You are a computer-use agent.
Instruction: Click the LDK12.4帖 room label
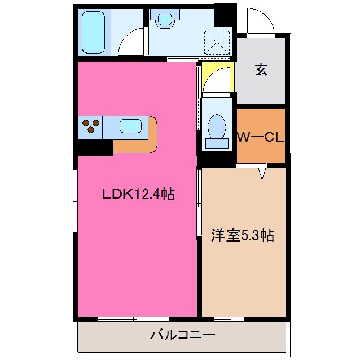[x=138, y=195]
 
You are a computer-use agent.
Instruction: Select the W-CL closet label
[x=260, y=137]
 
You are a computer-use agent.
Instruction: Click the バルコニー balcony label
[x=182, y=336]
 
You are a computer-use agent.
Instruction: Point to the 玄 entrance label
[x=260, y=70]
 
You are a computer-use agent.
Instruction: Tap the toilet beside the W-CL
[x=216, y=131]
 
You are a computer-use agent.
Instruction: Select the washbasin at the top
[x=164, y=20]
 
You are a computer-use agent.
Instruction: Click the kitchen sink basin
[x=131, y=126]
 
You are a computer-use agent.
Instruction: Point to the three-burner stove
[x=91, y=126]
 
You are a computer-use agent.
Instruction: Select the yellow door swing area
[x=217, y=79]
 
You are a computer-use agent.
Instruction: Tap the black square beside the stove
[x=95, y=147]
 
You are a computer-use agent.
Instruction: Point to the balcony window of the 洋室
[x=229, y=319]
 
